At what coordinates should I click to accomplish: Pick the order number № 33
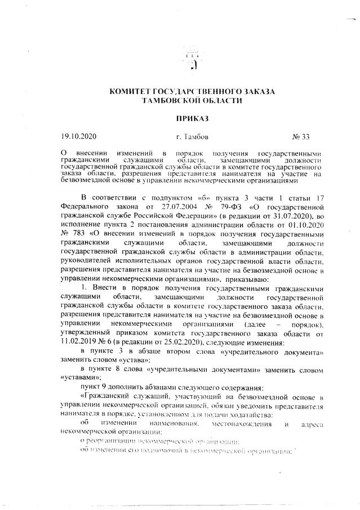tap(301, 136)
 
